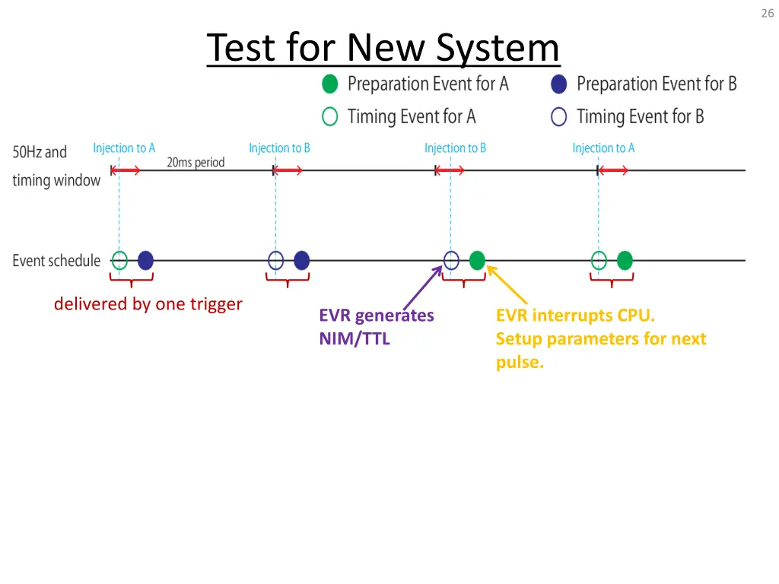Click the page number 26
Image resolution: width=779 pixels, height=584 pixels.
767,13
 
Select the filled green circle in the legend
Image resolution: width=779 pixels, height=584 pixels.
329,84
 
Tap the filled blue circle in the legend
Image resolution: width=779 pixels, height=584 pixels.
559,84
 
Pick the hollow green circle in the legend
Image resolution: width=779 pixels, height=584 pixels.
329,116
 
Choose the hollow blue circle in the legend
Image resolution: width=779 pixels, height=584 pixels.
559,116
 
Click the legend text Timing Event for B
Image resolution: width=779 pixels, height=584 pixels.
640,116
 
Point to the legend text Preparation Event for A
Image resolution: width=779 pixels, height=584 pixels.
428,84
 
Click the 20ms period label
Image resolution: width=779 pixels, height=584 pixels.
196,162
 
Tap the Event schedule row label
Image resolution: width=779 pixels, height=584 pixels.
56,261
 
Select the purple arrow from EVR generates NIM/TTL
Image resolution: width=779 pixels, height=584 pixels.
422,285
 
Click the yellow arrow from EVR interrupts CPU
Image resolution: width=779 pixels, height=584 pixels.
507,284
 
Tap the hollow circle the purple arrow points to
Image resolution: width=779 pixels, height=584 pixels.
451,261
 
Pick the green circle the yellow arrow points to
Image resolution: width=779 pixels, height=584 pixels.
477,261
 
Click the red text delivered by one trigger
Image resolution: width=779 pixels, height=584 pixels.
148,304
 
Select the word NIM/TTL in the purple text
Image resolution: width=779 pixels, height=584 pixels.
355,339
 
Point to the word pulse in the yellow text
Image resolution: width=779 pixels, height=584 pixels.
519,362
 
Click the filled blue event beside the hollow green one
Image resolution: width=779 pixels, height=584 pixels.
145,261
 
